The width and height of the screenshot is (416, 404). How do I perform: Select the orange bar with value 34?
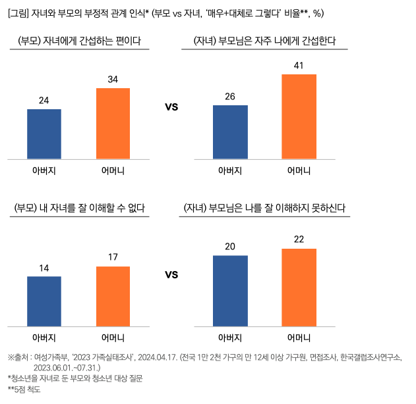click(113, 123)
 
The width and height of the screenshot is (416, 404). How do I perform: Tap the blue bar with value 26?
click(230, 132)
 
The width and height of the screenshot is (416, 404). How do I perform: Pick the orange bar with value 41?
click(299, 116)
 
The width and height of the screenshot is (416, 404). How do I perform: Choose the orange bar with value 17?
click(113, 296)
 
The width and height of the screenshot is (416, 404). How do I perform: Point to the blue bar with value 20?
click(230, 290)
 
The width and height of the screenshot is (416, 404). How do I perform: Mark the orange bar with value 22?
click(299, 287)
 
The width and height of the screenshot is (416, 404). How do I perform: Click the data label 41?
click(299, 66)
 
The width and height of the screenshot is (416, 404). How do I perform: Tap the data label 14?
click(44, 268)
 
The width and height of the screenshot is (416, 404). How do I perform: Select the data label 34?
click(113, 80)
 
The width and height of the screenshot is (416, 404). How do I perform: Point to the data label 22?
click(299, 240)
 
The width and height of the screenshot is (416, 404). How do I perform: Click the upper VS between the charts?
click(171, 106)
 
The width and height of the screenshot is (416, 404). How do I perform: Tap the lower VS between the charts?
click(171, 274)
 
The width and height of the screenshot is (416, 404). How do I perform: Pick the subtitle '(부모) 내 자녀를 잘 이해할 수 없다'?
click(79, 209)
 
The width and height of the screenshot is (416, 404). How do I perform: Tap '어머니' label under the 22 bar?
click(299, 338)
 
